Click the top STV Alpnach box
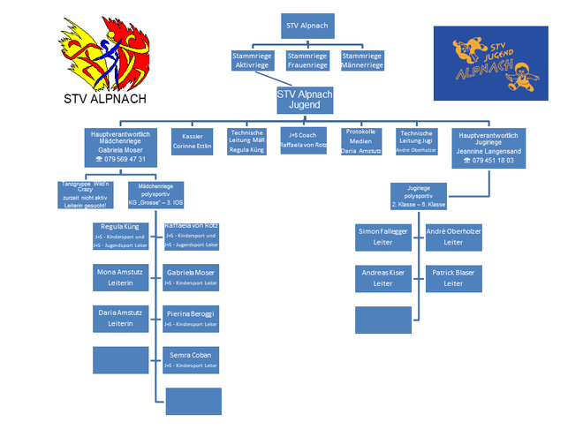[x=307, y=26]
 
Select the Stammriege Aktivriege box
[x=250, y=60]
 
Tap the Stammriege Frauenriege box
[x=307, y=60]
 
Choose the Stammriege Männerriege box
[x=361, y=60]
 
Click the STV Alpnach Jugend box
[x=305, y=99]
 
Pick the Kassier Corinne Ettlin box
[x=192, y=143]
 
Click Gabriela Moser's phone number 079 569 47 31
[x=119, y=160]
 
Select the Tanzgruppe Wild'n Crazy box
[x=85, y=193]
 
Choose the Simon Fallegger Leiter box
[x=382, y=236]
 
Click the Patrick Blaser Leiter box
[x=453, y=278]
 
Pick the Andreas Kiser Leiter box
[x=382, y=278]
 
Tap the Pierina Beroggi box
[x=192, y=319]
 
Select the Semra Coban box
[x=192, y=359]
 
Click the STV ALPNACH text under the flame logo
[x=106, y=99]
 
